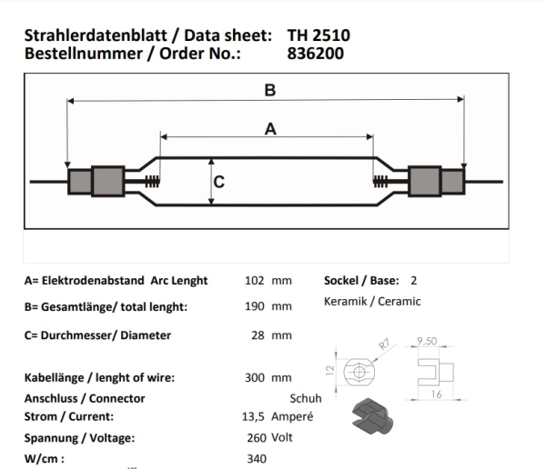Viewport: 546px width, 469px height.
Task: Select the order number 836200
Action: pos(318,54)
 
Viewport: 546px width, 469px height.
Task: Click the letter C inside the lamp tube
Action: pos(218,181)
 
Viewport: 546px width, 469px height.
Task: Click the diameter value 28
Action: pos(258,335)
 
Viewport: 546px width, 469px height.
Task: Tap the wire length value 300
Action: pos(256,377)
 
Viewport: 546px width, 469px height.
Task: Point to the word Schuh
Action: pos(306,398)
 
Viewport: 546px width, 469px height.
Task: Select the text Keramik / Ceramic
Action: pos(372,302)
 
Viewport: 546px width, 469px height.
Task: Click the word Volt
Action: pos(283,437)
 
